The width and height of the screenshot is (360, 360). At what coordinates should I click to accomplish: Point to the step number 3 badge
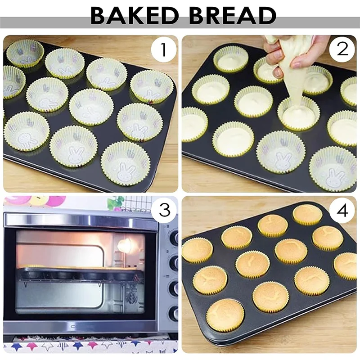[x=163, y=211]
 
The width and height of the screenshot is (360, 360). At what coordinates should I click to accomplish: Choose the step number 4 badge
[x=342, y=211]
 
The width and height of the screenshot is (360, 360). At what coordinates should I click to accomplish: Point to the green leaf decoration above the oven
[x=115, y=202]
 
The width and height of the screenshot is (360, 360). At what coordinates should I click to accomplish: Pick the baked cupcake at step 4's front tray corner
[x=225, y=315]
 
